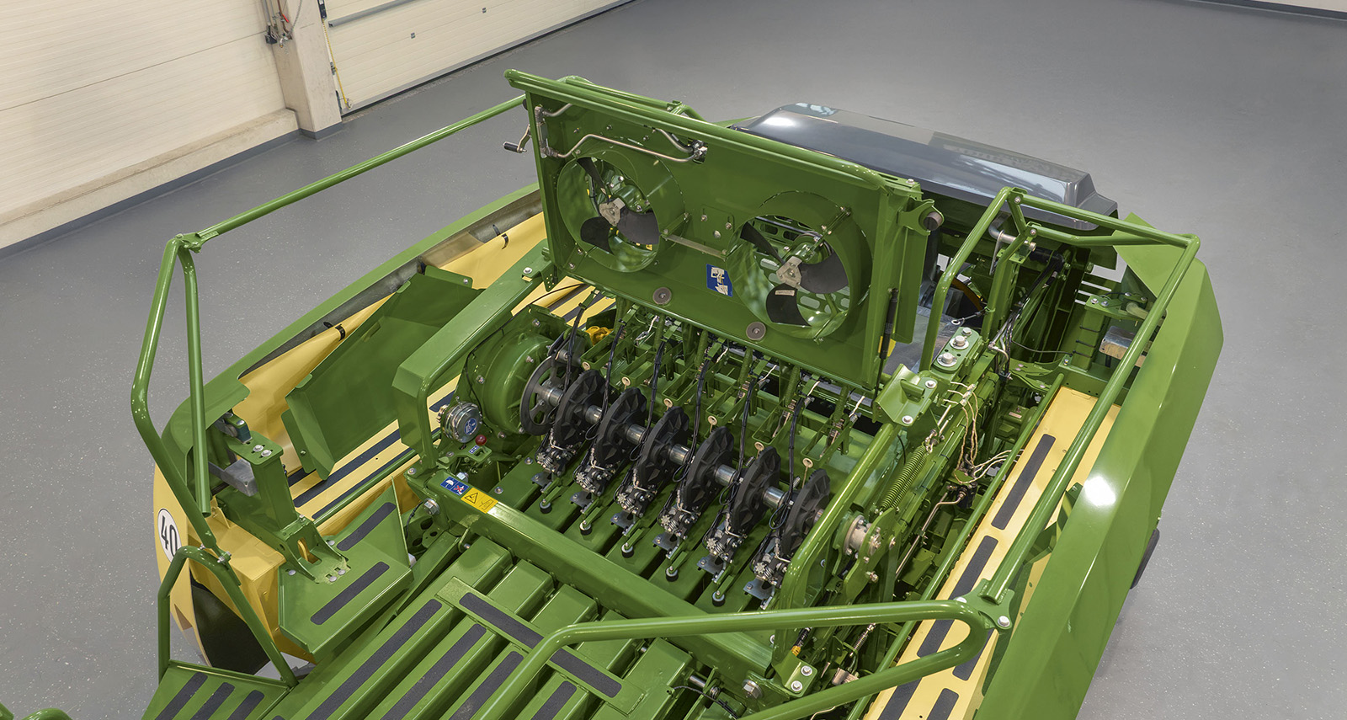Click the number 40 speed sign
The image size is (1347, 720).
(169, 534)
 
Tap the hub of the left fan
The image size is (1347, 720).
(611, 211)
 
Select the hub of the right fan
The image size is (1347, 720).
(790, 273)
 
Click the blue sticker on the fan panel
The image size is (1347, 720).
(719, 280)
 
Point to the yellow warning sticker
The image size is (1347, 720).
(479, 500)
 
